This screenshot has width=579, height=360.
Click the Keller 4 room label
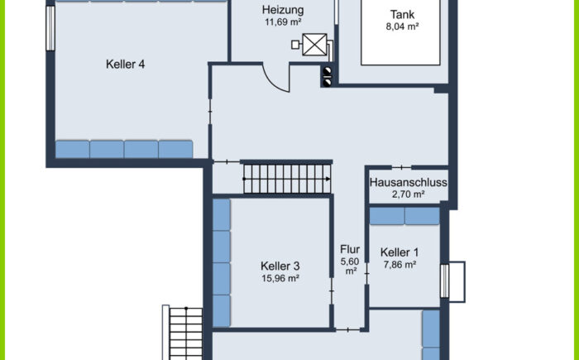125,65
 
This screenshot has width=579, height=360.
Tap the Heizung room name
283,10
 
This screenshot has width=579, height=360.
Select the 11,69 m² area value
283,22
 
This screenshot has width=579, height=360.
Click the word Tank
402,15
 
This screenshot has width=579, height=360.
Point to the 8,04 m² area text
402,26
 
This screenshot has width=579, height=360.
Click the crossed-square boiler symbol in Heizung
314,45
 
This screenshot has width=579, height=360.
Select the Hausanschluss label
408,183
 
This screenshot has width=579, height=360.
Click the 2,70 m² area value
408,194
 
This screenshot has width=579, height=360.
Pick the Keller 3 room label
280,266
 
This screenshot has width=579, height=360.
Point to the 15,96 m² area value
280,278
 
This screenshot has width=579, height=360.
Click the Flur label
350,249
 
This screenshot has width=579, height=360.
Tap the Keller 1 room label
400,252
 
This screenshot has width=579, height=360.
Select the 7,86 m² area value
400,265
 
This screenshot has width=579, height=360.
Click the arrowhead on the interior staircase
328,179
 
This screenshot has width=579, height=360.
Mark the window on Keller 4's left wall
50,28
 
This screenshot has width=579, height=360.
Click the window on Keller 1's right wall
445,281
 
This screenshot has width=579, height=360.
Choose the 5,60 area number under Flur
350,262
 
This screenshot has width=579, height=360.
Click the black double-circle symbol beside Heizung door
328,77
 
